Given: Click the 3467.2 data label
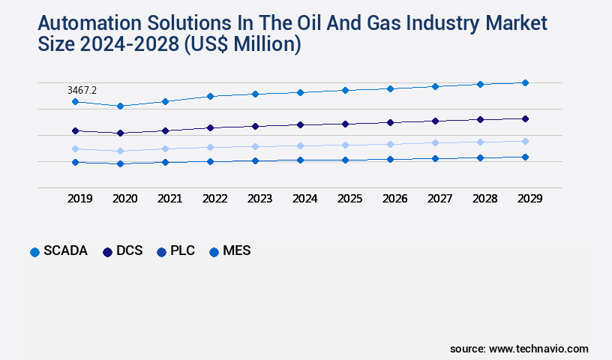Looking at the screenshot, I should tap(82, 90).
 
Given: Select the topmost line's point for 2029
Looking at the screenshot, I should tap(525, 82).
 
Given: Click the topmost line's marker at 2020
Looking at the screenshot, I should tap(120, 106).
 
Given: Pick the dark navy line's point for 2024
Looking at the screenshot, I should tap(300, 124).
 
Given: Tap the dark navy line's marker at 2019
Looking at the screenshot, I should tap(75, 130).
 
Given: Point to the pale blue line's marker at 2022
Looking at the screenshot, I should tap(210, 147).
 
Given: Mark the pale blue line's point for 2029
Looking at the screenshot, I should tap(525, 141).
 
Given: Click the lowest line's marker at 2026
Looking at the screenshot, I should tap(390, 159).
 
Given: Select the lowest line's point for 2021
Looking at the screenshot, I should tap(165, 162).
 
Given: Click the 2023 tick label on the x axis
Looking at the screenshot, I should tap(260, 199).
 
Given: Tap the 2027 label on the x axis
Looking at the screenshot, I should tap(440, 199).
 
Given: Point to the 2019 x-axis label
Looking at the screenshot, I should tap(80, 199).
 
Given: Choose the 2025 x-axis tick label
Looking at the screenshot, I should tap(350, 199).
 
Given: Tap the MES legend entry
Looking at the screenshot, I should tap(229, 251).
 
